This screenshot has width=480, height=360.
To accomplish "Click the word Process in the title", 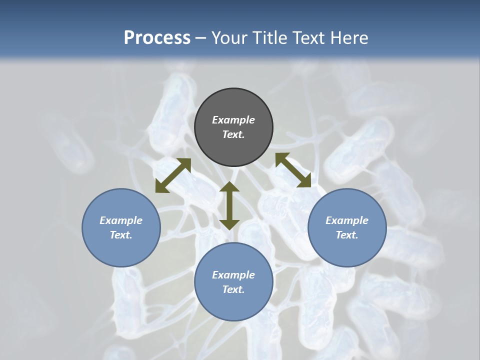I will (157, 38).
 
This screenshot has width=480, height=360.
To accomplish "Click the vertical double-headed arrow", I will (229, 205).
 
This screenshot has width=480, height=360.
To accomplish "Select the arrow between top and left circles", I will (173, 175).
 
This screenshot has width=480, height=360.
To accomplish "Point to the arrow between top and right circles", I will (293, 170).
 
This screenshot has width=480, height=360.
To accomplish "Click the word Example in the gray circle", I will (233, 120).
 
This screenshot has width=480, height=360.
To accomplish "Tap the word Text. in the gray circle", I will (233, 134).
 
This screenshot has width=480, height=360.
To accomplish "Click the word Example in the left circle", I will (121, 220).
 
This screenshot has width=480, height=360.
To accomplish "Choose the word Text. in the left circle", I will (121, 235).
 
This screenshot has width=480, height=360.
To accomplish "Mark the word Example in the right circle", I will (347, 220).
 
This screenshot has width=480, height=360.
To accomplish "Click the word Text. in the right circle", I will (347, 235).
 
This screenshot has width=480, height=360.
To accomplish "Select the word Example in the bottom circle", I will (233, 275).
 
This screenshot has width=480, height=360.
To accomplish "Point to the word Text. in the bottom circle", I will (233, 289).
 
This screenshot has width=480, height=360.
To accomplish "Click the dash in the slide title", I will (201, 38).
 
